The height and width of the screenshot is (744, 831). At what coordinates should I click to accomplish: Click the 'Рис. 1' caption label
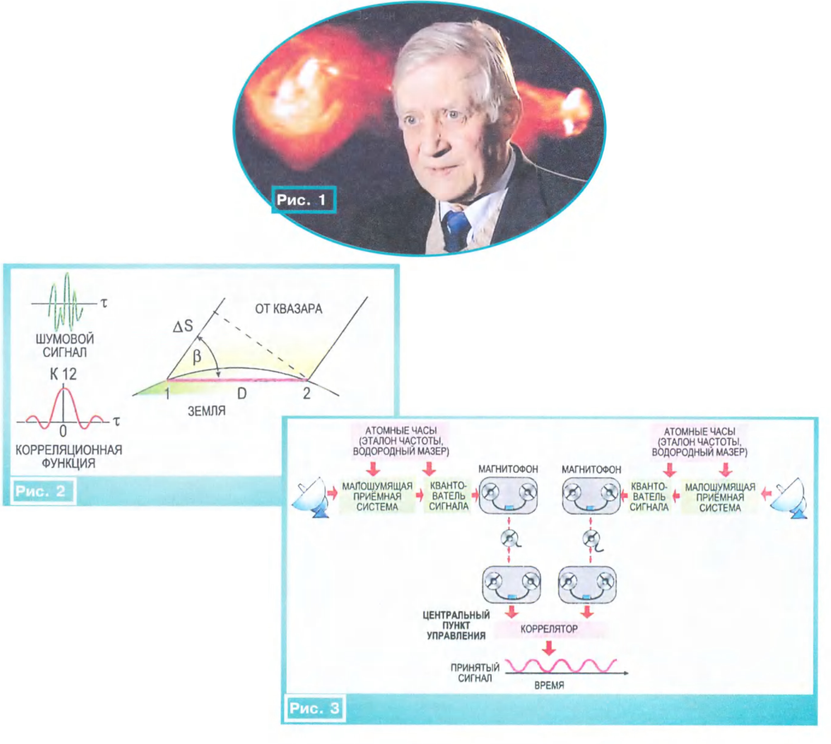(303, 200)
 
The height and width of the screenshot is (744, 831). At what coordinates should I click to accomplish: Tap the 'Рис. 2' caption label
(41, 491)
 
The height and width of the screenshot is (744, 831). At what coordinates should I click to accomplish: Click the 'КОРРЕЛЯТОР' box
(549, 629)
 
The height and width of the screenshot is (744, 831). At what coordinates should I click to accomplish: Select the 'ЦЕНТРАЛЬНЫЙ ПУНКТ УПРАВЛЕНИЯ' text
(456, 625)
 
